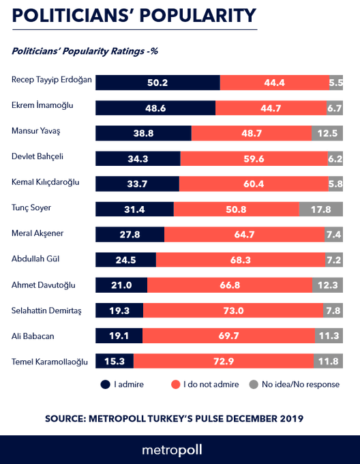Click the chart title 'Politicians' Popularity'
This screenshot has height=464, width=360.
(x=134, y=15)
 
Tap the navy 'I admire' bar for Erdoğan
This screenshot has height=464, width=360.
(x=157, y=82)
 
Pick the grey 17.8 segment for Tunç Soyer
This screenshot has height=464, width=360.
(x=321, y=209)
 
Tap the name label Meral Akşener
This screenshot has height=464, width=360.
(x=38, y=233)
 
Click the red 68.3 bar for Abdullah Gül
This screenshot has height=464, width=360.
(x=239, y=260)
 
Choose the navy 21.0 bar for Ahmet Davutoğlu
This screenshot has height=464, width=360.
(x=121, y=285)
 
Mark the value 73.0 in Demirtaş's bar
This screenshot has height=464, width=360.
(x=233, y=310)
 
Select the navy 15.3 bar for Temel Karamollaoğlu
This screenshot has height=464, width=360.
(x=115, y=361)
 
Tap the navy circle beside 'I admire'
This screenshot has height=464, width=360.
(x=105, y=384)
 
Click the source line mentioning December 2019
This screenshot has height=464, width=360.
(x=174, y=418)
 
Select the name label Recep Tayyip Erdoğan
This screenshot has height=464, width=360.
(x=51, y=80)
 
